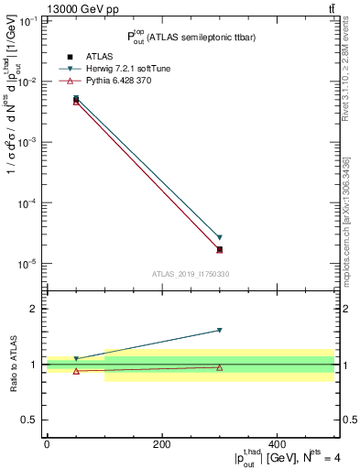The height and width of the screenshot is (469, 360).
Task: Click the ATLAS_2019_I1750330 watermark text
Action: tap(191, 274)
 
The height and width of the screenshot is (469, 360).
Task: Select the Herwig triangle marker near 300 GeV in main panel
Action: tap(219, 237)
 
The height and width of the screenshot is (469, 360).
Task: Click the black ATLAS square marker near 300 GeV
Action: tap(219, 249)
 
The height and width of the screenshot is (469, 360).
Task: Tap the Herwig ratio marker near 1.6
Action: tap(219, 330)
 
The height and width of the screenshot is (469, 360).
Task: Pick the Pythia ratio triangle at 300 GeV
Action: tap(219, 367)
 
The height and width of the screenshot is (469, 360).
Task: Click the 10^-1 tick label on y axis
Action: tap(28, 21)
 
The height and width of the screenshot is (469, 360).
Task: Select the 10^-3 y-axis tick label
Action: tap(28, 143)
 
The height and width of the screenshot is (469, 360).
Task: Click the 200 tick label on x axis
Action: tap(161, 444)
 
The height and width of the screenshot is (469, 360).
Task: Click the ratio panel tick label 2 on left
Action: tap(34, 309)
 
